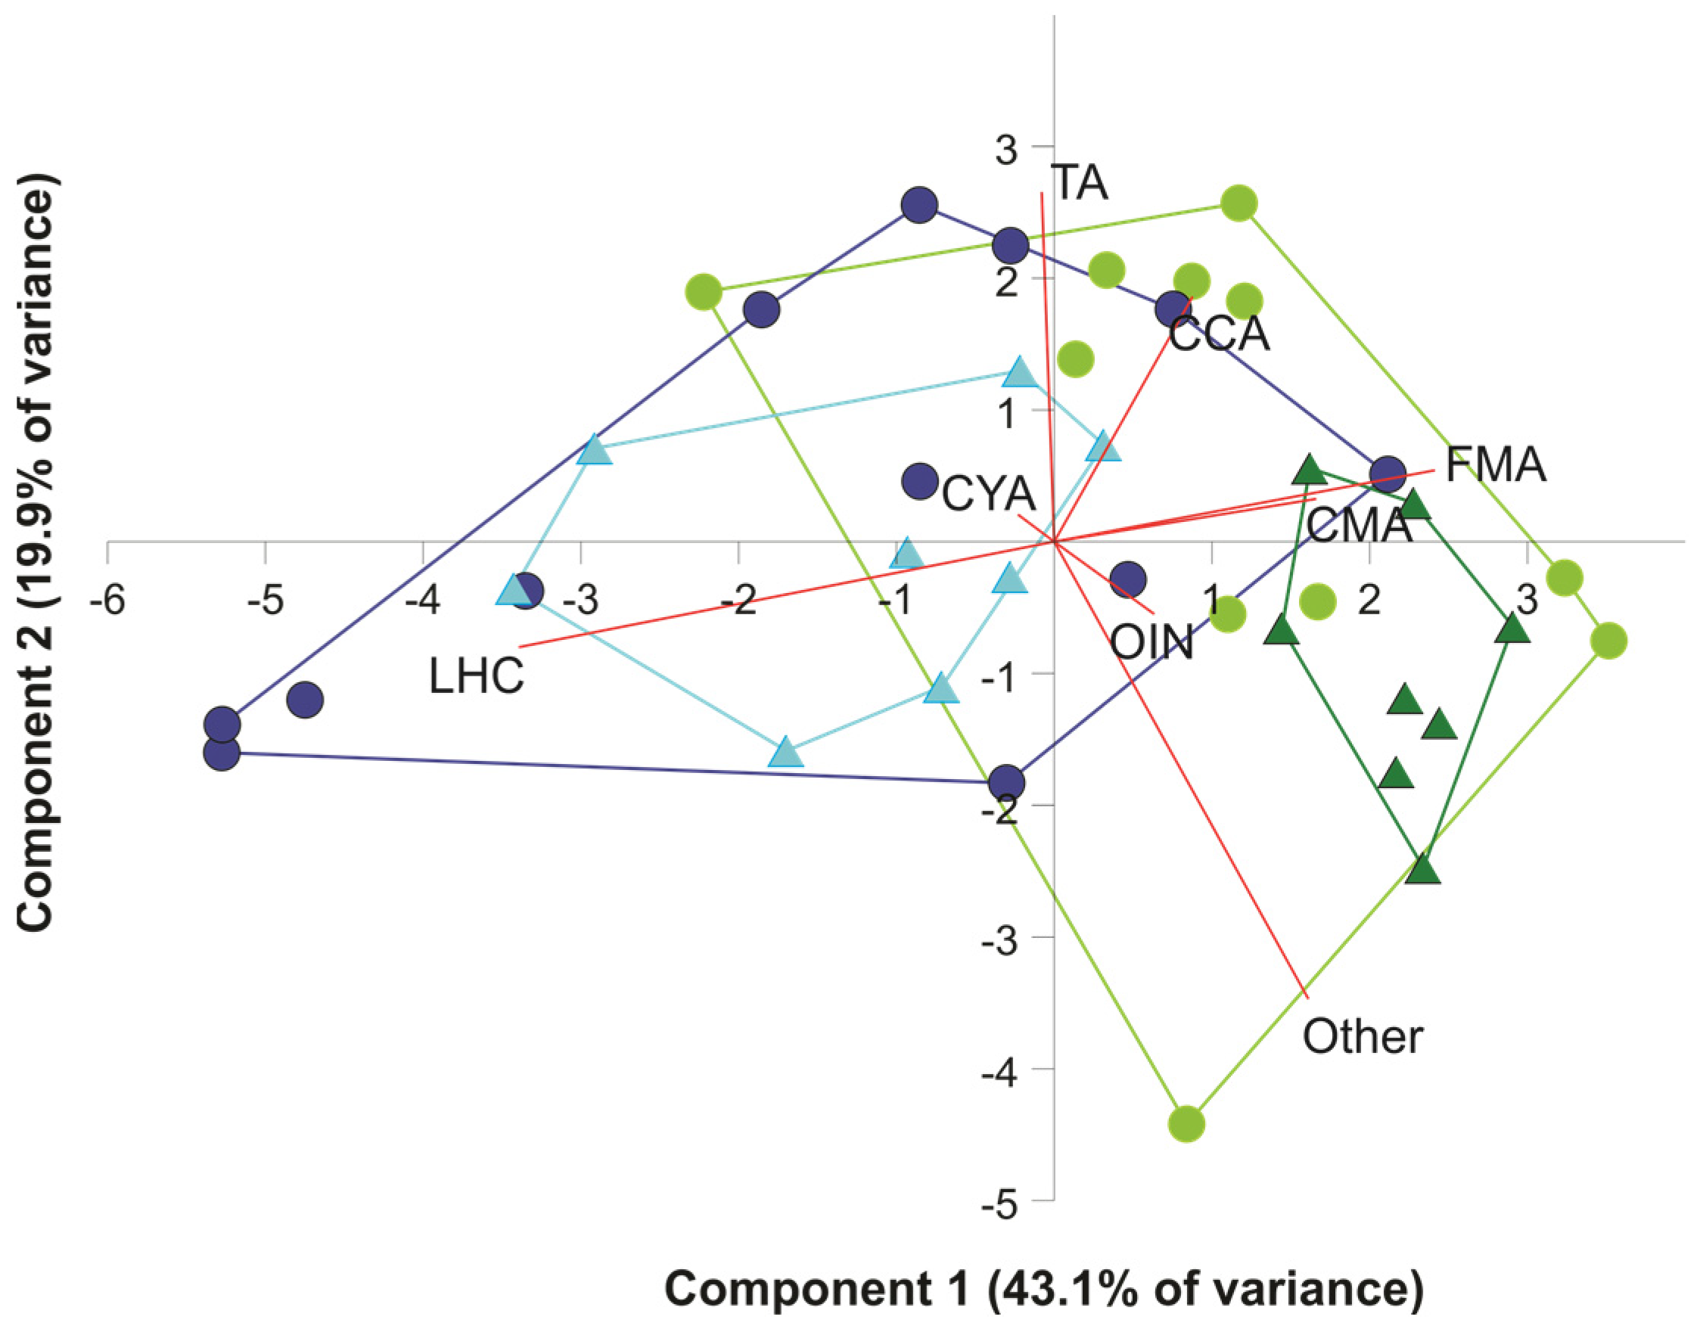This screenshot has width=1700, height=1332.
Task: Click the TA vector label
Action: click(1080, 184)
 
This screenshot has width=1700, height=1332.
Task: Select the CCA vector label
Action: click(1219, 334)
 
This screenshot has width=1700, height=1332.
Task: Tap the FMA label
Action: click(1495, 467)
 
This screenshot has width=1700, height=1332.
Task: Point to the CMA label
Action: click(1360, 526)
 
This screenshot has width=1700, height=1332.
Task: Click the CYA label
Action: click(988, 495)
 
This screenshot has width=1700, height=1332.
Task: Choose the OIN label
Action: click(1151, 644)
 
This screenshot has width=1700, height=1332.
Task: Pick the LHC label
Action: click(477, 675)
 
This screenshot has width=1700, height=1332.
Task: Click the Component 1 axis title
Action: click(1043, 1289)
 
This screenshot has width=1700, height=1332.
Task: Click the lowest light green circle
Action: click(1186, 1125)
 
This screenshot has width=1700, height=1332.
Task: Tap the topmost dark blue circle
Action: click(919, 205)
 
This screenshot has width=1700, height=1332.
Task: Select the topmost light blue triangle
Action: click(1020, 373)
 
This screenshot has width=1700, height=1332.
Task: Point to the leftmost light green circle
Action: click(704, 293)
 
